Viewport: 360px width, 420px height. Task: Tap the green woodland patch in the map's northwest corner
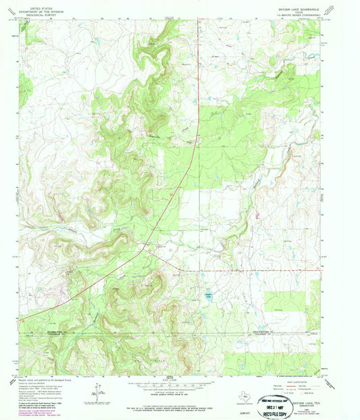(26, 84)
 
